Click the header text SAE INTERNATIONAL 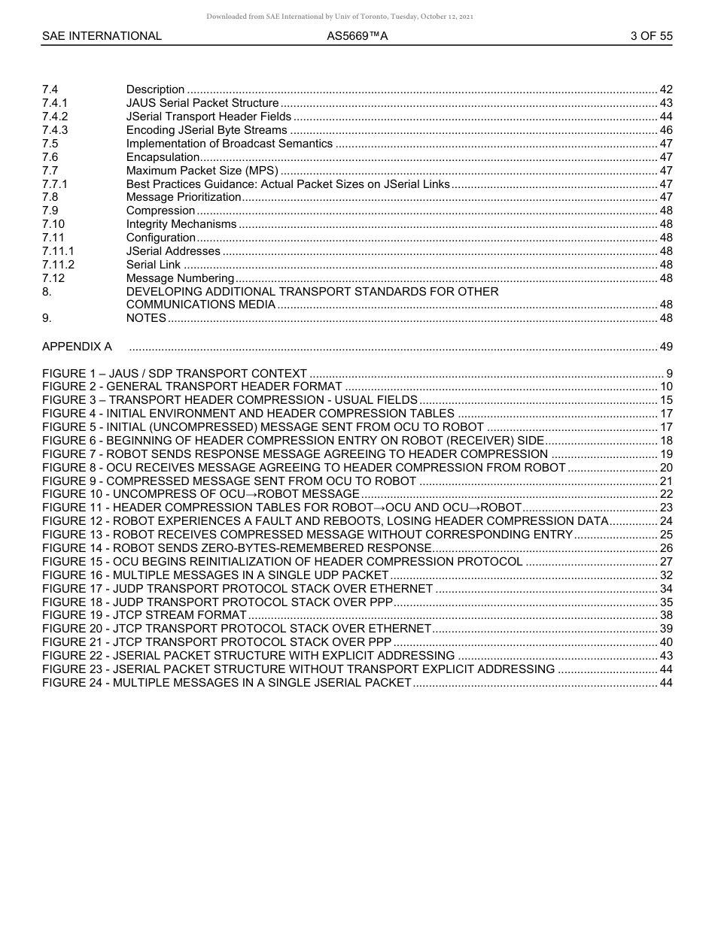point(102,35)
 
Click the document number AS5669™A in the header point(357,35)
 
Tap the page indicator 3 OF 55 point(651,35)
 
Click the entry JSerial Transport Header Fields point(208,117)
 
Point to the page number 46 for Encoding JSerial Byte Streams point(665,130)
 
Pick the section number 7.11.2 point(58,265)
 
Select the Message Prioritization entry point(184,197)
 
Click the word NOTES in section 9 point(146,318)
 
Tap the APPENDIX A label point(77,347)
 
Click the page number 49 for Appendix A point(665,347)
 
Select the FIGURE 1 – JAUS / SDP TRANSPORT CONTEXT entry point(175,374)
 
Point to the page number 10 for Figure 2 point(665,387)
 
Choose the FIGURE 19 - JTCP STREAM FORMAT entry point(144,615)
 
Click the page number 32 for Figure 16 point(665,575)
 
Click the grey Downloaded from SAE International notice point(339,16)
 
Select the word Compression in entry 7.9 point(160,211)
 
